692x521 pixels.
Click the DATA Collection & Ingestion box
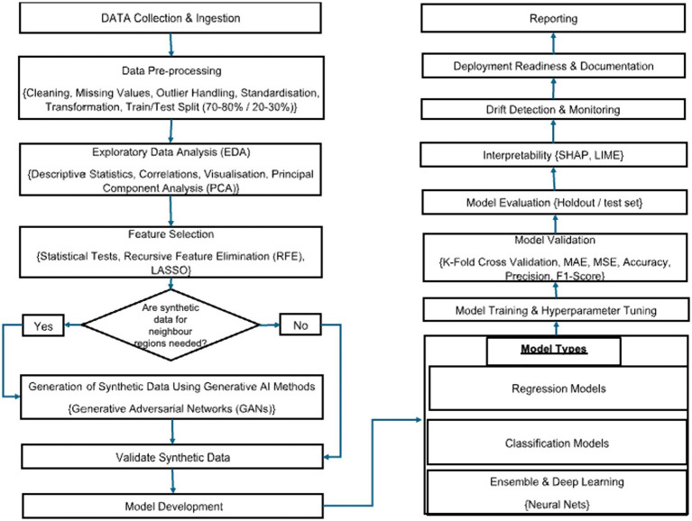pyautogui.click(x=171, y=18)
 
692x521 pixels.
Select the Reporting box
pyautogui.click(x=553, y=19)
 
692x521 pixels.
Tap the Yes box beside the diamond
pyautogui.click(x=43, y=325)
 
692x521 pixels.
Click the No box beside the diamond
pyautogui.click(x=300, y=324)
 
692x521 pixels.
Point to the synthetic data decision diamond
pyautogui.click(x=171, y=324)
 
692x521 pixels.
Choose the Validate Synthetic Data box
pyautogui.click(x=172, y=457)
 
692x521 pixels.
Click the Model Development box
pyautogui.click(x=173, y=506)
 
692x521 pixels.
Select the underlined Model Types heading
pyautogui.click(x=554, y=349)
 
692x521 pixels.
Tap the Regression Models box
pyautogui.click(x=558, y=388)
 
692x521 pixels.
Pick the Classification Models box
pyautogui.click(x=557, y=443)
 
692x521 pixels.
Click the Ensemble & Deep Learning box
pyautogui.click(x=557, y=492)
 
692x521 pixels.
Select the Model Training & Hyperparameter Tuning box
pyautogui.click(x=556, y=310)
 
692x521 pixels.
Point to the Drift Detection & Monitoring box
pyautogui.click(x=553, y=109)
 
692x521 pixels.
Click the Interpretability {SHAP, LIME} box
pyautogui.click(x=553, y=155)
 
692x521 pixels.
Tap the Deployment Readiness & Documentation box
pyautogui.click(x=553, y=66)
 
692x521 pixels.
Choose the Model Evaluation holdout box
pyautogui.click(x=554, y=202)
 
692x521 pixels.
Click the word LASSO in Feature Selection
pyautogui.click(x=171, y=270)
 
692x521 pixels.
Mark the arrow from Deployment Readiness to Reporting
pyautogui.click(x=553, y=42)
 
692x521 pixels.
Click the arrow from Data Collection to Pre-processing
pyautogui.click(x=171, y=44)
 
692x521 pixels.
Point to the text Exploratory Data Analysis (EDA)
pyautogui.click(x=171, y=152)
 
